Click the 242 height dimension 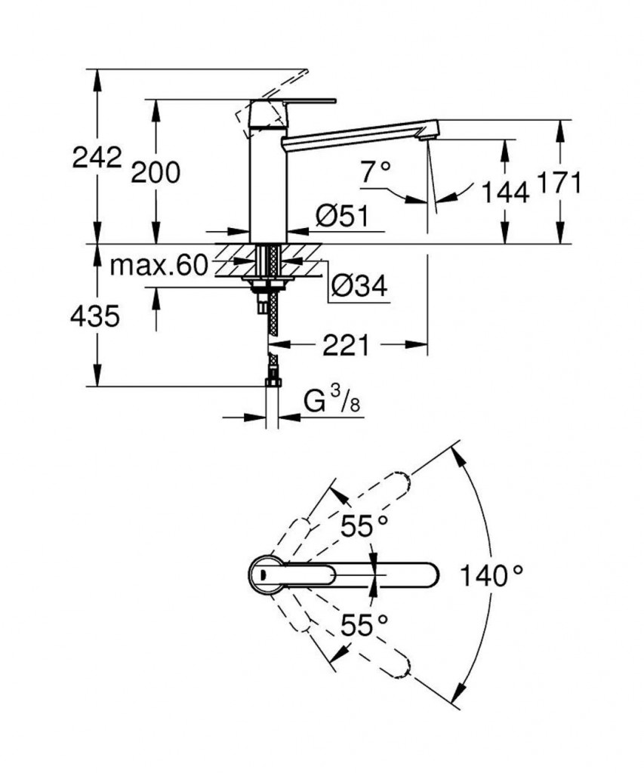97,158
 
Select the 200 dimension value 156,173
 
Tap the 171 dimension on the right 559,183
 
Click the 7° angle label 375,173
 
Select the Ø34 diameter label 359,285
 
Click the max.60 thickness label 158,265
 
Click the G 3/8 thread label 331,402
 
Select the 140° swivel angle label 492,577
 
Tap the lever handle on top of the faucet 294,100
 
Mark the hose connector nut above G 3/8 272,382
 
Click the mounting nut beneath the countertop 269,285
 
